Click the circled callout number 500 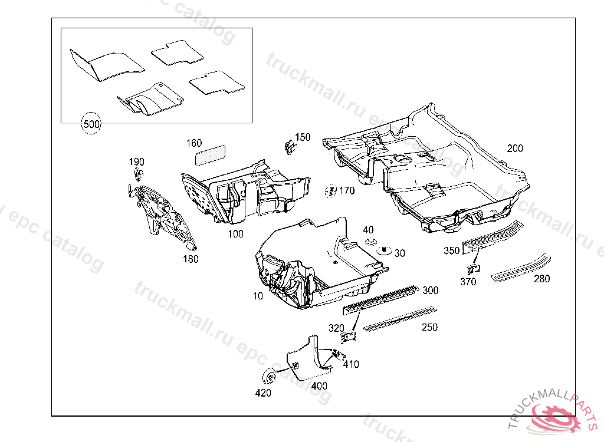(91, 124)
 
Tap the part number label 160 (194, 143)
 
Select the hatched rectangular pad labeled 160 (211, 153)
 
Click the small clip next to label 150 (288, 146)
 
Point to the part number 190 (136, 162)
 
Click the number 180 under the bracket (191, 258)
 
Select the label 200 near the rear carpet (515, 149)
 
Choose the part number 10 (258, 296)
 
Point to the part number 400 (319, 386)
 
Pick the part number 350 (451, 251)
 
